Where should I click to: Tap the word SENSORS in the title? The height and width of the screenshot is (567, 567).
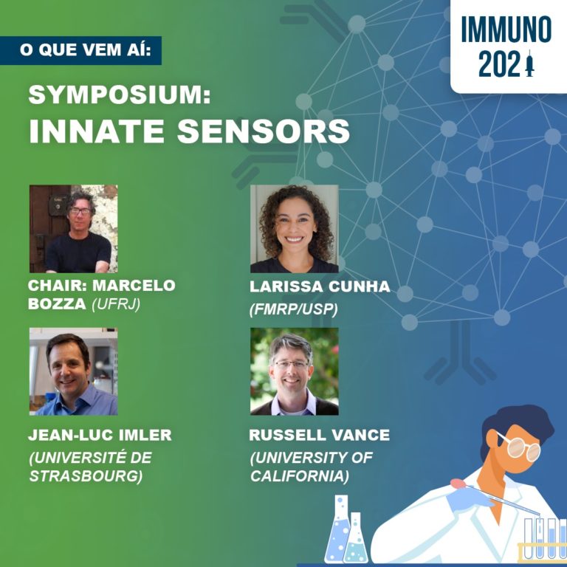pos(264,131)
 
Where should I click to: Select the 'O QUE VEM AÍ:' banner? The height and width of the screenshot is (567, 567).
pos(80,50)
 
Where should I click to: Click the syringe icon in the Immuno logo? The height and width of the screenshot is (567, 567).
pos(530,63)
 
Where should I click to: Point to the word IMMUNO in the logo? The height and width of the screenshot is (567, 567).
pos(506,30)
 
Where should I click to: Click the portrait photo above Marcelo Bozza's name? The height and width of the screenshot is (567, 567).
pos(73,229)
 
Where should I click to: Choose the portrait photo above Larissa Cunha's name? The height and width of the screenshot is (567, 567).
pos(295,229)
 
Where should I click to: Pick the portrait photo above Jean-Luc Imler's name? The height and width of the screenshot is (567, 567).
pos(73,371)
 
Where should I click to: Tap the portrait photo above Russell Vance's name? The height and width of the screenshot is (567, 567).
pos(295,371)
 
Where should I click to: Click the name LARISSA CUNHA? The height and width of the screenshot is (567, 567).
pos(320,286)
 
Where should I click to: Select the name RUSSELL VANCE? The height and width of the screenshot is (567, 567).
pos(319,435)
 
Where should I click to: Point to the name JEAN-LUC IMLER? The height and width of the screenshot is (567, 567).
pos(100,435)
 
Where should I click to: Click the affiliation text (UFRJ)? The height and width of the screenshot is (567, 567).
pos(116,304)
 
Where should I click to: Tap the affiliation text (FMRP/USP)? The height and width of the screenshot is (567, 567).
pos(294,309)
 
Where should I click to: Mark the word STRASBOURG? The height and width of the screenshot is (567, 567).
pos(86,476)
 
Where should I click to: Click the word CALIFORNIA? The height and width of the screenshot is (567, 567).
pos(300,476)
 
